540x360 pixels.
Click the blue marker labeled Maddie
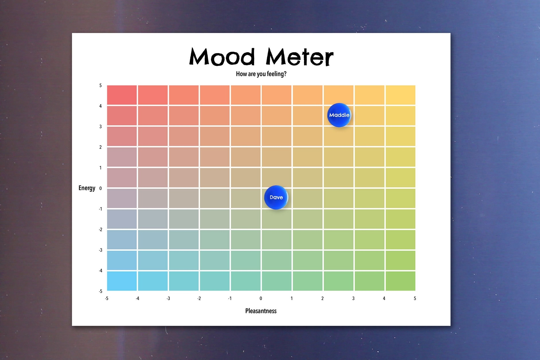tap(339, 115)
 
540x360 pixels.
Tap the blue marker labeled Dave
tap(276, 197)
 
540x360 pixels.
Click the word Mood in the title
tap(222, 57)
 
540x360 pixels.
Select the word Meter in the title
tap(299, 57)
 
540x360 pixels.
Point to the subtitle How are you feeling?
tap(261, 74)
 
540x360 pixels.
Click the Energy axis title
tap(87, 188)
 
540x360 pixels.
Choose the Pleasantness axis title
tap(261, 311)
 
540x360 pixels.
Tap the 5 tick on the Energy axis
tap(100, 85)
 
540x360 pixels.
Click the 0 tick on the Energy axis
tap(100, 188)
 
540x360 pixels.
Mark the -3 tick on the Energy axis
tap(100, 250)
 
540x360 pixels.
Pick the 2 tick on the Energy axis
tap(100, 147)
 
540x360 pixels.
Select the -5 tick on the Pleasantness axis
tap(107, 298)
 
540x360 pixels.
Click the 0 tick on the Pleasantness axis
tap(261, 298)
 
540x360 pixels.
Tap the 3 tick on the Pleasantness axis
tap(353, 298)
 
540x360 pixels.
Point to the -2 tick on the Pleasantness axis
tap(199, 298)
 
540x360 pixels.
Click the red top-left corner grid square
tap(122, 95)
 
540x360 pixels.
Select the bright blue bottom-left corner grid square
tap(122, 281)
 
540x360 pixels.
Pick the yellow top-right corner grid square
tap(400, 95)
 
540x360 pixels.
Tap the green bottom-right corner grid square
tap(400, 281)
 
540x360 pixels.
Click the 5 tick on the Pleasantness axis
tap(415, 298)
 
